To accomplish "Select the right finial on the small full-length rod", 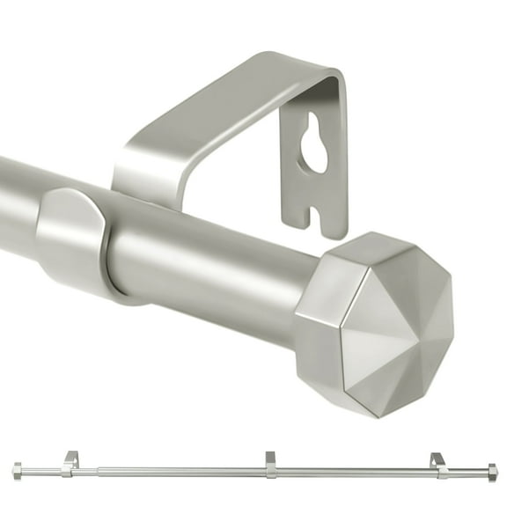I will (491, 473).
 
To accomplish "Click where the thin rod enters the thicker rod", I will (98, 472).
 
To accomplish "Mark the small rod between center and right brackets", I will (352, 473).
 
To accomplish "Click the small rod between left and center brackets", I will (176, 472).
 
